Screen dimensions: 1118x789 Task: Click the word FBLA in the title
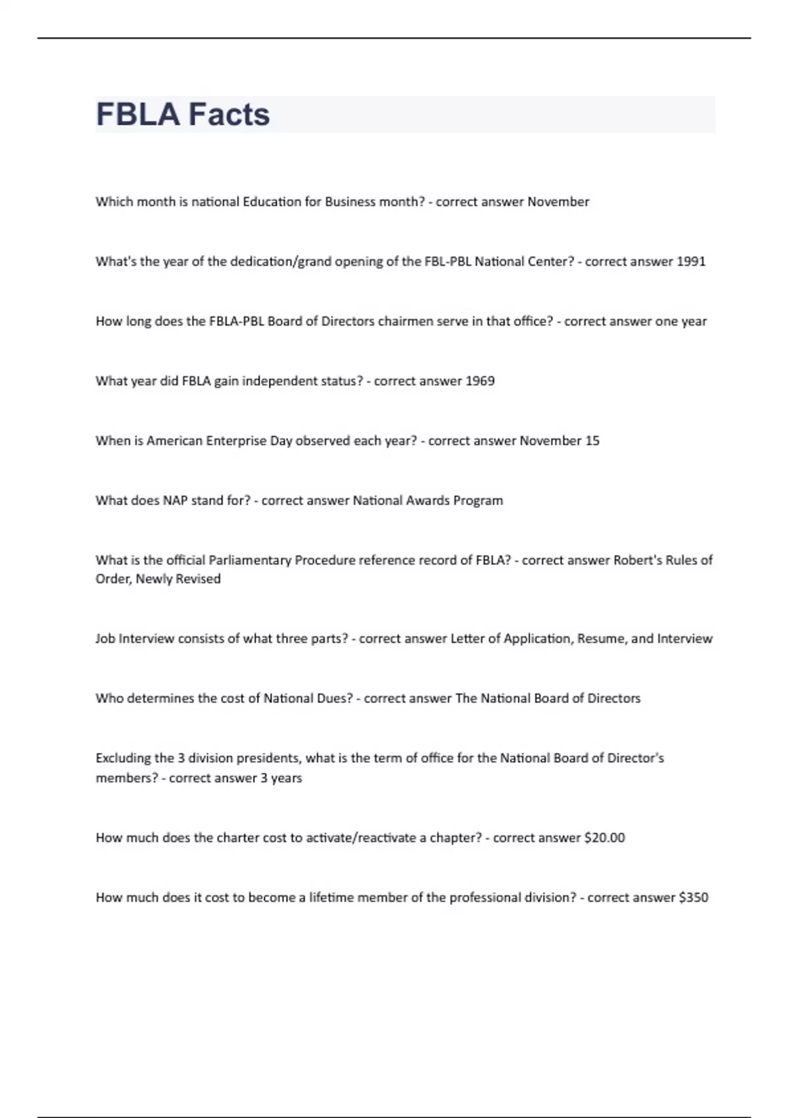tap(137, 114)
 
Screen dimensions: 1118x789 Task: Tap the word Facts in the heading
tap(229, 114)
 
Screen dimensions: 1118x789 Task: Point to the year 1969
tap(479, 381)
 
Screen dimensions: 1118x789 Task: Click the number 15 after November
tap(592, 441)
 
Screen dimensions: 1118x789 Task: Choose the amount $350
tap(693, 898)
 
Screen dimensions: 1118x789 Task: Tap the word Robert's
tap(638, 560)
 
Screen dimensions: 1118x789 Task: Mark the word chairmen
tap(408, 322)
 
